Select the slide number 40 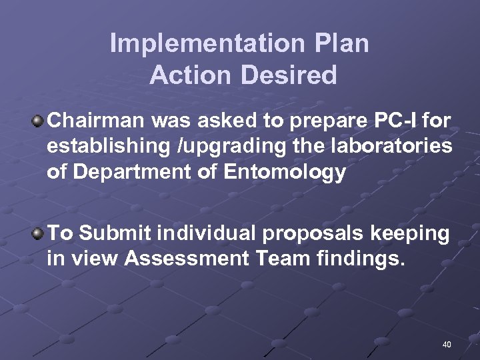coord(446,345)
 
